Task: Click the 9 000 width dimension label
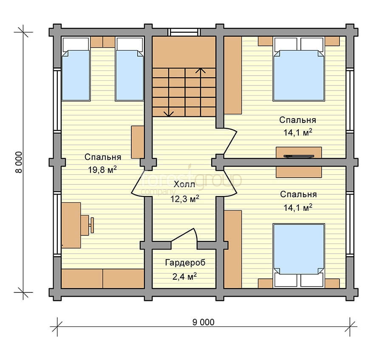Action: coord(204,322)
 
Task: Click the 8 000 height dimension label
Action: coord(19,162)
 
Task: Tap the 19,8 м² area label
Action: coord(102,170)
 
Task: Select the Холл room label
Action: coord(184,184)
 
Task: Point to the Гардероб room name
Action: coord(185,263)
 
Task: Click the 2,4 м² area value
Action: coord(184,277)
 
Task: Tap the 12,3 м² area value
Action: coord(184,199)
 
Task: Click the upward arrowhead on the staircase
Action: coord(201,71)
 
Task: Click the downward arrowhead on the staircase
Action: coord(169,113)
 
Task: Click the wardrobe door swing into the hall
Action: coord(185,236)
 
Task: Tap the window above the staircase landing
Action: coord(184,32)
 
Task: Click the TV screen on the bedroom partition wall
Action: coord(299,156)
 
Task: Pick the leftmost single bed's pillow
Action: coord(76,44)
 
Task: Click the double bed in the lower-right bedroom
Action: coord(299,255)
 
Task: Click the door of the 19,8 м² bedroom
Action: coord(140,183)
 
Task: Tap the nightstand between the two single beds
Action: coord(102,42)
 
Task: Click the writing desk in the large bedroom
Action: coord(71,225)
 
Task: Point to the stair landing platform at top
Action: coord(184,52)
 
